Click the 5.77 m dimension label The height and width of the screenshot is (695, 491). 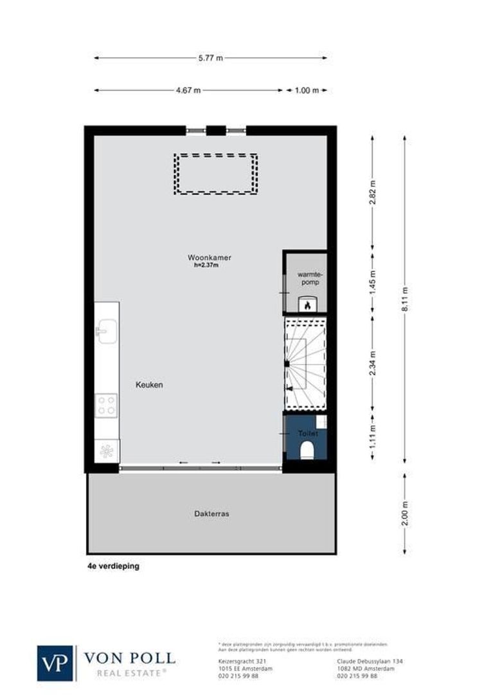coord(210,58)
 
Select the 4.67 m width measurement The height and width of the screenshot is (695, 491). coord(188,91)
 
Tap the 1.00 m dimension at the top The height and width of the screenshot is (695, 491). coord(307,91)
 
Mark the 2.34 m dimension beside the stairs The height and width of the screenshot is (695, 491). coord(372,363)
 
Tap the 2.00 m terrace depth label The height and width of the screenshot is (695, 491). coord(405,513)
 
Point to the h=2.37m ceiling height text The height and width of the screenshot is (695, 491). coord(206,265)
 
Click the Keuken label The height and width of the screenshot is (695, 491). coord(149,385)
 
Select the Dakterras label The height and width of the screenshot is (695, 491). coord(211,514)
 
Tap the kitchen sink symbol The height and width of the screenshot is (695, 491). coord(106,331)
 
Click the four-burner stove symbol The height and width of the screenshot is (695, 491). coord(107,405)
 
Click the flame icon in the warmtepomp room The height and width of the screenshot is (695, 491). coord(307,305)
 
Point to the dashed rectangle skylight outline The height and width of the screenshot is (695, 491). coord(216,174)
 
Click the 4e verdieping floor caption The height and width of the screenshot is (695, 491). coord(113,567)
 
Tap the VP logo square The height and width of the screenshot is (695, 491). coord(56,663)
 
